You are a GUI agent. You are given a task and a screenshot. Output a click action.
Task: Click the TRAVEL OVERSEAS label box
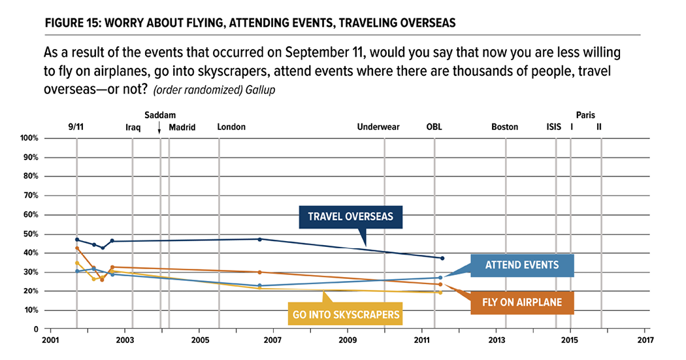tap(351, 216)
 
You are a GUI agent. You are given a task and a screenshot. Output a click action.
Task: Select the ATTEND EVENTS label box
tap(522, 265)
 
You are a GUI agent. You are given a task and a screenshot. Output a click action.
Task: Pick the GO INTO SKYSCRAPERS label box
tap(346, 314)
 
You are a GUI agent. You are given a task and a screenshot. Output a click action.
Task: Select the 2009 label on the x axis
tap(348, 340)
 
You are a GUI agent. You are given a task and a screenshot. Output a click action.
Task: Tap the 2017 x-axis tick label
tap(644, 340)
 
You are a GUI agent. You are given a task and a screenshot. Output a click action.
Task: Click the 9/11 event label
tap(75, 127)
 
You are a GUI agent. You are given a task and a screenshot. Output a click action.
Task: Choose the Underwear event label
tap(378, 127)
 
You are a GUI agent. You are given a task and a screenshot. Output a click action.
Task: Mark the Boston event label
tap(504, 127)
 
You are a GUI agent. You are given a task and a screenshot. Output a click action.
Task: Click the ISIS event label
tap(553, 127)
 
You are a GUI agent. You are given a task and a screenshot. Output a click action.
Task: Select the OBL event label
tap(434, 127)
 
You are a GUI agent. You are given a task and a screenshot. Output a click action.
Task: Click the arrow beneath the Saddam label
tap(159, 129)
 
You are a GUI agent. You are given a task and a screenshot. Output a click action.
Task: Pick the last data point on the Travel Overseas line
tap(442, 258)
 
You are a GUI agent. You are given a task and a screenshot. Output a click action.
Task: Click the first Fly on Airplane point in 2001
tap(77, 248)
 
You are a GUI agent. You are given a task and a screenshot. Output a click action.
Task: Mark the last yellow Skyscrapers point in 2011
tap(440, 292)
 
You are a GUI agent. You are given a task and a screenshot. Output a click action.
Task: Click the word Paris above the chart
tap(585, 115)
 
